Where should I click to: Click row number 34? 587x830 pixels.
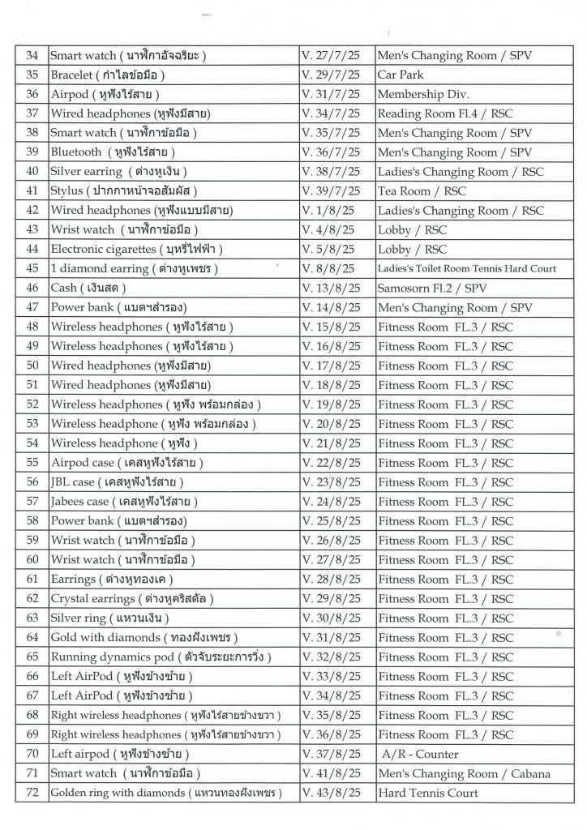[x=32, y=55]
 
